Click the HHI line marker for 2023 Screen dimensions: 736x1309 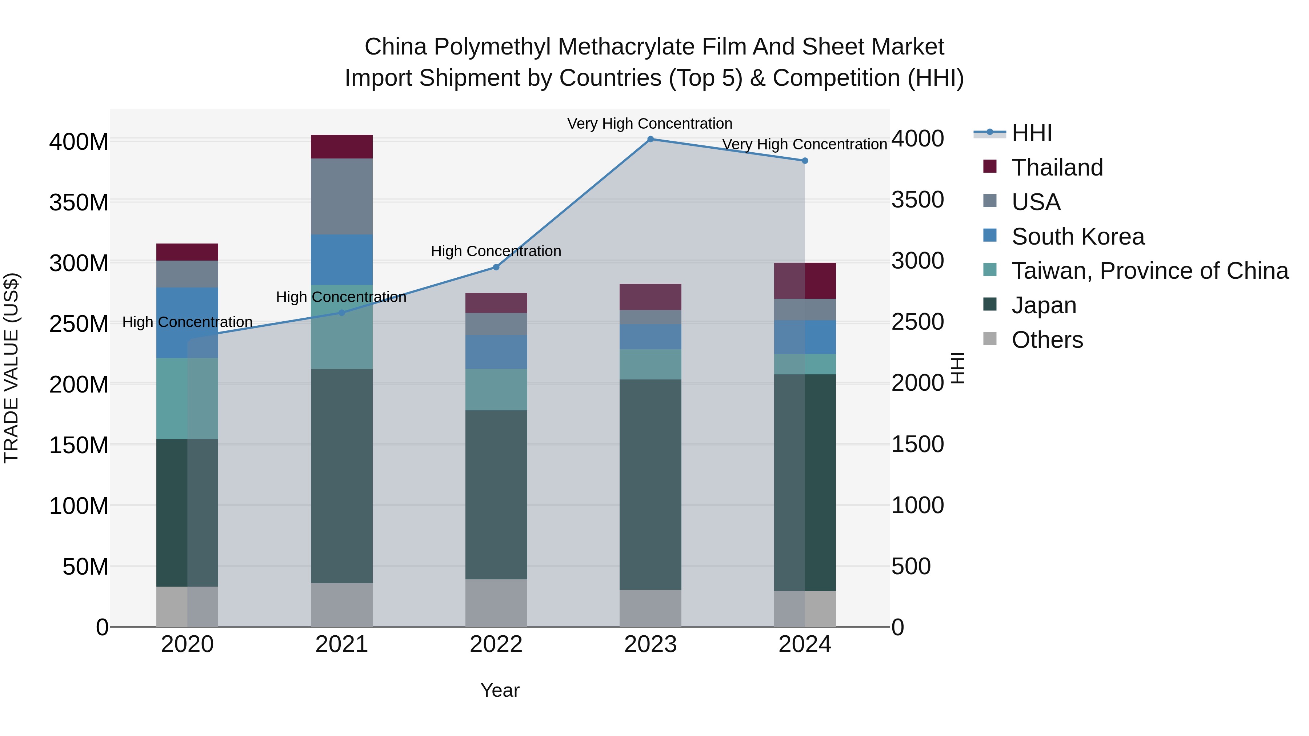pyautogui.click(x=651, y=139)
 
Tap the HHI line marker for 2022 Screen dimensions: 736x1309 pyautogui.click(x=496, y=267)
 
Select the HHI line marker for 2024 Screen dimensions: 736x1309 pyautogui.click(x=805, y=161)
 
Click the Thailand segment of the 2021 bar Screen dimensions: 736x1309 pyautogui.click(x=341, y=147)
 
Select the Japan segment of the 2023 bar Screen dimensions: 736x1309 pyautogui.click(x=651, y=484)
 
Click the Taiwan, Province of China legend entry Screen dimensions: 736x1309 pyautogui.click(x=1149, y=271)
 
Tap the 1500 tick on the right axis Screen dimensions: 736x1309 pyautogui.click(x=918, y=445)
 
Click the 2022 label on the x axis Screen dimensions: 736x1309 pyautogui.click(x=496, y=644)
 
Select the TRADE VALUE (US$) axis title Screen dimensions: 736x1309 pyautogui.click(x=11, y=368)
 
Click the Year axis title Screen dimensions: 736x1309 pyautogui.click(x=500, y=690)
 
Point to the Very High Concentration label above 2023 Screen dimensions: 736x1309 pyautogui.click(x=649, y=124)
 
